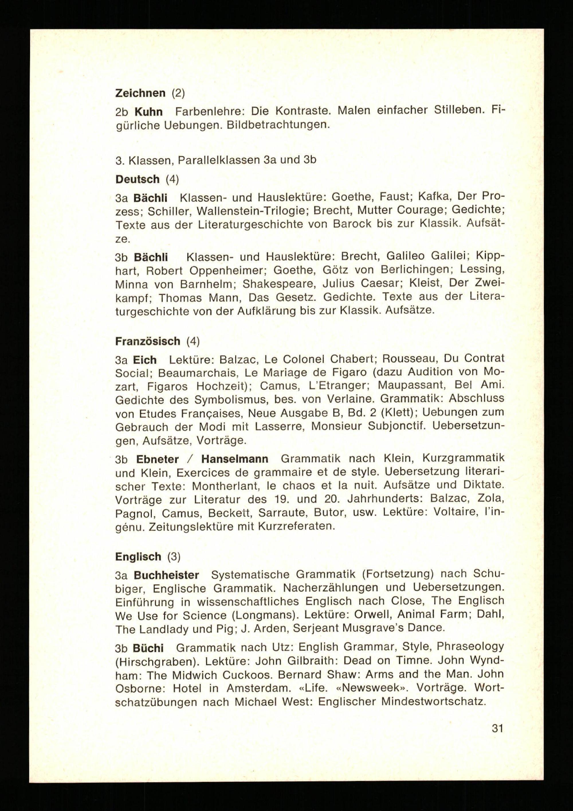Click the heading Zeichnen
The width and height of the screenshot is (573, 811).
(x=140, y=93)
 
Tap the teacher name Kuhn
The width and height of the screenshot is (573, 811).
(x=148, y=112)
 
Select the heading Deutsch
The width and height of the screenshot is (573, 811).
(x=138, y=179)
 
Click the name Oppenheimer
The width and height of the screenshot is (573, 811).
(x=227, y=271)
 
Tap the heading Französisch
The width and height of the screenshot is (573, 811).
(x=148, y=341)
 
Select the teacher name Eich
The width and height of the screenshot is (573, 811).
(x=145, y=360)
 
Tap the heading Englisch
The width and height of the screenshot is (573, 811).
(x=138, y=557)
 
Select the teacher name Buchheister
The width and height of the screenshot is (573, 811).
(x=166, y=575)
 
